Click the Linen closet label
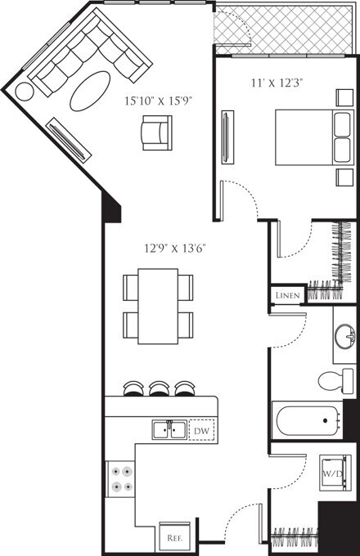click(287, 294)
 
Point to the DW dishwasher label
click(201, 429)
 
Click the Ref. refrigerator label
click(173, 538)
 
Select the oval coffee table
click(91, 91)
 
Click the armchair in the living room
click(156, 132)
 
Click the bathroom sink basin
click(344, 334)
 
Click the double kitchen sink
click(169, 428)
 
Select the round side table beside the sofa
click(25, 91)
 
